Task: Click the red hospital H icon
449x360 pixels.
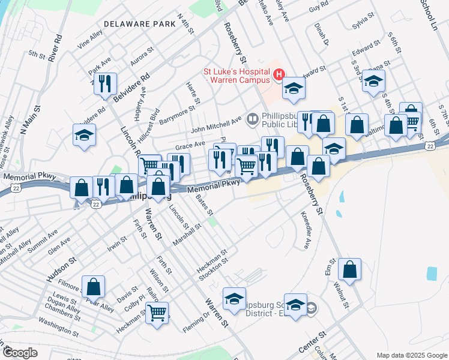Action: [279, 74]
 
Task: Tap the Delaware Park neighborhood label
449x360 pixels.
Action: [139, 24]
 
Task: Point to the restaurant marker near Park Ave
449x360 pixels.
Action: [105, 84]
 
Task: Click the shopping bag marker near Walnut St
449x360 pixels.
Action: [349, 269]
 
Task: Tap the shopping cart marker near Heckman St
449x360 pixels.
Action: [156, 312]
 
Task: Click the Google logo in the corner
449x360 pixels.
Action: [20, 353]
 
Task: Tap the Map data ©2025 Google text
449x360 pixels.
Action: [411, 355]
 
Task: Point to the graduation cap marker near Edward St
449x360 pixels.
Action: [373, 81]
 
